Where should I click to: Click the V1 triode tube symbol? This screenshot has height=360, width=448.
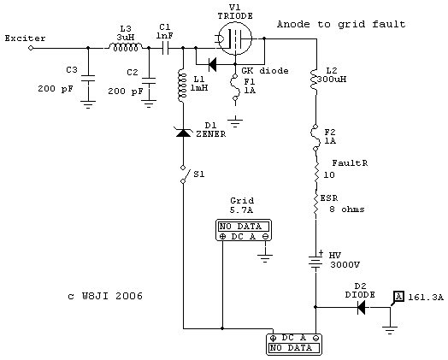[x=235, y=38]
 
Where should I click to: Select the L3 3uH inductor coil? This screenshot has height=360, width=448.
[x=126, y=47]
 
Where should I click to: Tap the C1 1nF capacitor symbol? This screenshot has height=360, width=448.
[x=165, y=48]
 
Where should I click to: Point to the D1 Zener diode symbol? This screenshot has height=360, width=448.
[x=183, y=133]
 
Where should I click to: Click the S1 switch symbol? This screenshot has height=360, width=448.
[x=185, y=174]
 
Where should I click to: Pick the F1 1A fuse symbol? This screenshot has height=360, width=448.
[x=235, y=87]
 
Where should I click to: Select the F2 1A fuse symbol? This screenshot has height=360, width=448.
[x=315, y=138]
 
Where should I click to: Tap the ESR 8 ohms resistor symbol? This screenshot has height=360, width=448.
[x=316, y=204]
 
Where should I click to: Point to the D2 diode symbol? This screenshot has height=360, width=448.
[x=362, y=308]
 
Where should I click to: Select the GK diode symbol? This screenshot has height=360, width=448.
[x=212, y=64]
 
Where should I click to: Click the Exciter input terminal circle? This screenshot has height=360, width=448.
[x=31, y=48]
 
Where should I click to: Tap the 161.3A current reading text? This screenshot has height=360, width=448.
[x=426, y=298]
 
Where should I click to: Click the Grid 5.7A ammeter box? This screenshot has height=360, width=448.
[x=244, y=231]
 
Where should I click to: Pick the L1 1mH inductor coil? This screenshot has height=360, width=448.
[x=182, y=86]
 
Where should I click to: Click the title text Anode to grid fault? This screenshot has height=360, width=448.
[x=341, y=24]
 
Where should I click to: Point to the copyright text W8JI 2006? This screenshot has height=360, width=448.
[x=112, y=296]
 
